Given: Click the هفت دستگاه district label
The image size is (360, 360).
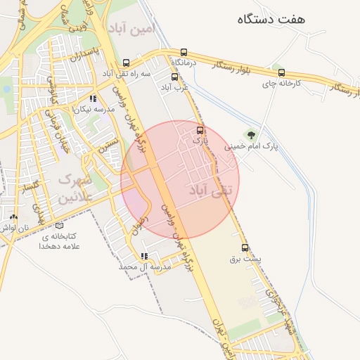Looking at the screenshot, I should pos(271,19).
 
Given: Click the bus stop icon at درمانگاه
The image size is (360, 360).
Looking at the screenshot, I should pos(184,52).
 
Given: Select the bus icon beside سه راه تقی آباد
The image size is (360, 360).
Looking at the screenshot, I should pos(126,62).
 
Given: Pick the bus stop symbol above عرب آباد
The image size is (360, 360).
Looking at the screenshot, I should pos(175,76).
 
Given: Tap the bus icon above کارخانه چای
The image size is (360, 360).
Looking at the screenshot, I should pos(282,72).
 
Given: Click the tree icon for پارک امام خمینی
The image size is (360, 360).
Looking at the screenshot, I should pos(251,134).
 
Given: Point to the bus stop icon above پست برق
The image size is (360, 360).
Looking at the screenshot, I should pos(245,247).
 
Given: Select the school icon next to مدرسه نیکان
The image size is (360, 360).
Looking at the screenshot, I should pos(93,99).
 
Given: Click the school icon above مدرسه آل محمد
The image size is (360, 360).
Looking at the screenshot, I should pos(144,256).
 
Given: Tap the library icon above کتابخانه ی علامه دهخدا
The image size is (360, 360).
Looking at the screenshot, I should pos(59,226).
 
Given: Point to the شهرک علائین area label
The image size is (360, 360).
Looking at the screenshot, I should pos(75,188).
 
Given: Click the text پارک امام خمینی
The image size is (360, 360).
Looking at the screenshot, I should pos(252,147).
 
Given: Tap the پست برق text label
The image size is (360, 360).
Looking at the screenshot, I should pos(245,259).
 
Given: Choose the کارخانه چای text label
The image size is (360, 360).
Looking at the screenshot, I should pos(283,84).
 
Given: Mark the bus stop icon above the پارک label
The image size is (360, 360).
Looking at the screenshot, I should pos(201,130).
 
